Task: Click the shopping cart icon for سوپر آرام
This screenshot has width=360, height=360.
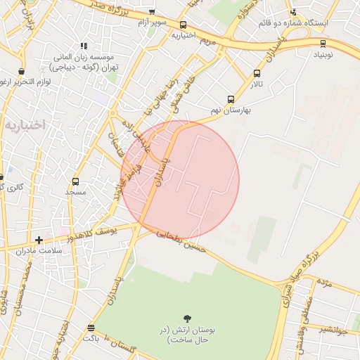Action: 152,13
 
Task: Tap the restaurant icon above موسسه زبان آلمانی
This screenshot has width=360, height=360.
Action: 84,46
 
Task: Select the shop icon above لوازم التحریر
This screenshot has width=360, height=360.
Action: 22,72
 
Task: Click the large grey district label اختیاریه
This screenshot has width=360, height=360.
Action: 25,124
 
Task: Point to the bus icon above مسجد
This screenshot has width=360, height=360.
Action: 75,181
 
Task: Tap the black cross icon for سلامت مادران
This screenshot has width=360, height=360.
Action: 39,240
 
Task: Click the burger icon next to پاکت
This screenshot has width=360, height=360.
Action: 91,328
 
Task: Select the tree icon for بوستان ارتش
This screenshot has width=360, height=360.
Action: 187,319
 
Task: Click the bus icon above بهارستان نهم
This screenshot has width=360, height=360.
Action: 231,101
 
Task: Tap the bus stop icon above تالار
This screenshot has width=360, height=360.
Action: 257,74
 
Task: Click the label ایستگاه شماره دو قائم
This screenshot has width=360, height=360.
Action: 292,23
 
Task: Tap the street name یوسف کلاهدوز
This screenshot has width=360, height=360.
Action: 110,230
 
